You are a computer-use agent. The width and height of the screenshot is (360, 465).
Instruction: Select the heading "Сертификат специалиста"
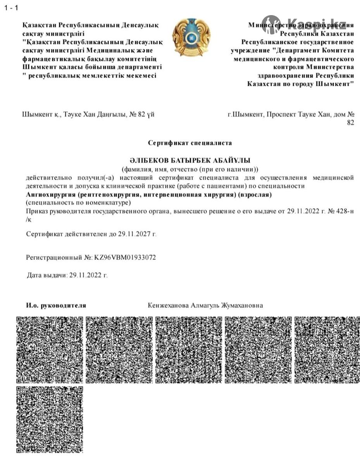click(190, 143)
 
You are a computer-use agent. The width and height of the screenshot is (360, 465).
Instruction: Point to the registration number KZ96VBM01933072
click(125, 257)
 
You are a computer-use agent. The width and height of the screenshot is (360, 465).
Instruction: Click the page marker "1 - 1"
click(11, 8)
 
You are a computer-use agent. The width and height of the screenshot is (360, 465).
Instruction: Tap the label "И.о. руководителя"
click(56, 305)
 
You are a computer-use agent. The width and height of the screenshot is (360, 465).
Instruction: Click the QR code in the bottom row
click(50, 419)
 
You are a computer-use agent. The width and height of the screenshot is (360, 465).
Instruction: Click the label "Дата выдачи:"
click(47, 276)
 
